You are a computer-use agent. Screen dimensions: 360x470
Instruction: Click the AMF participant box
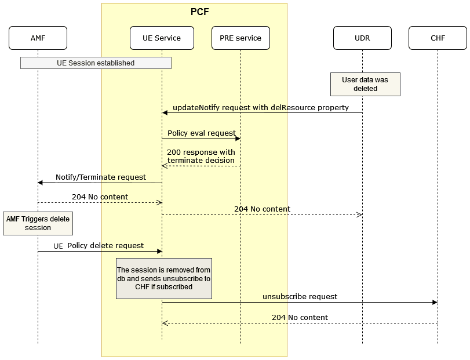click(x=38, y=38)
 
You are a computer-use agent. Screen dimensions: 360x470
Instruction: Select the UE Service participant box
click(x=162, y=38)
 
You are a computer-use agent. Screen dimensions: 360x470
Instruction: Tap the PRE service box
click(x=241, y=38)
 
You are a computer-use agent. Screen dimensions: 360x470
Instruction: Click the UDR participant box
click(x=362, y=38)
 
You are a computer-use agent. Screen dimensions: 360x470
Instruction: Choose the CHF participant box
click(x=438, y=38)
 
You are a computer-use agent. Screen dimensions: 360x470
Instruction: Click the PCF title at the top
click(x=200, y=12)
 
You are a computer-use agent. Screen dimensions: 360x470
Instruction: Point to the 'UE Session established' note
click(x=96, y=63)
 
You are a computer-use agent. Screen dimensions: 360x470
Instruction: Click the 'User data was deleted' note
click(x=365, y=84)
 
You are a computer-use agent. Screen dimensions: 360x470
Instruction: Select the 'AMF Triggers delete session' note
click(x=38, y=223)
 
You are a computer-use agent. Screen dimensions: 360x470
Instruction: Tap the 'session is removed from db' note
click(x=163, y=278)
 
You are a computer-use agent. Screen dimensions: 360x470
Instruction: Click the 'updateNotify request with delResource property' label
click(x=261, y=108)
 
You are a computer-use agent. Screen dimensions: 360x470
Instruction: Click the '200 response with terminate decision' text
click(x=201, y=157)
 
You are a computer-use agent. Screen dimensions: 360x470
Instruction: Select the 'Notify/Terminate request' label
click(x=101, y=177)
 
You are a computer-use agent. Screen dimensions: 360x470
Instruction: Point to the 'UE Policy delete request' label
click(x=99, y=246)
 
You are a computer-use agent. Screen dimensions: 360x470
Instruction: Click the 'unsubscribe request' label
click(x=300, y=296)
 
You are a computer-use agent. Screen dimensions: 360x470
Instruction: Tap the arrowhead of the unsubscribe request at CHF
click(x=435, y=303)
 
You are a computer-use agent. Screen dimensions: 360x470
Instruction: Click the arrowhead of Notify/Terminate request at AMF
click(x=41, y=183)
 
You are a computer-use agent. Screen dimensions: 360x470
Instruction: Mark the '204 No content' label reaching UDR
click(x=262, y=209)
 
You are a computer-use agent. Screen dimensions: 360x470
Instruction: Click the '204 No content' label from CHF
click(x=300, y=317)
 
